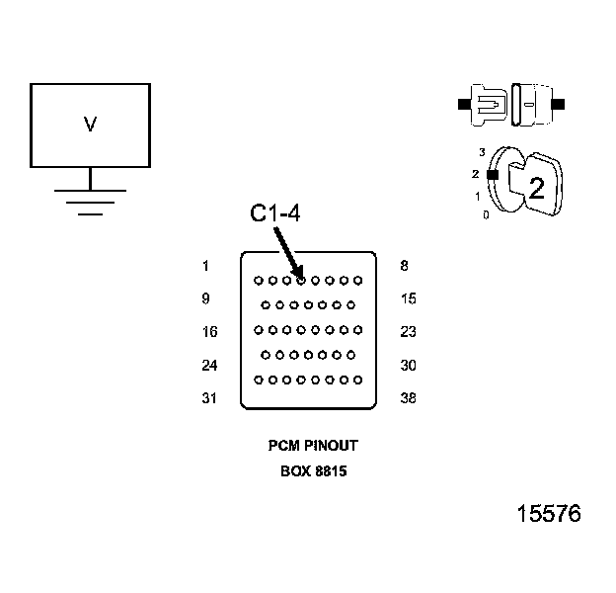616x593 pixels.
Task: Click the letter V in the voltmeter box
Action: tap(90, 126)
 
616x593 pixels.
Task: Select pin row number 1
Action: tap(205, 266)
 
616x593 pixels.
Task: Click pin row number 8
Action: tap(405, 266)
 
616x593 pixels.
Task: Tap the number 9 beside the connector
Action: tap(205, 298)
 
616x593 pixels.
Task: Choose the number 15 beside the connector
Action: tap(408, 298)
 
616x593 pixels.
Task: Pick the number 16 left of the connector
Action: tap(209, 332)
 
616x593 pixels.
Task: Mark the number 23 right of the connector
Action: tap(408, 332)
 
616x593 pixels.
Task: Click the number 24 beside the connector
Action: tap(209, 366)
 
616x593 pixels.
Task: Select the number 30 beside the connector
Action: tap(408, 366)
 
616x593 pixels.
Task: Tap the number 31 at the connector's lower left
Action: tap(209, 399)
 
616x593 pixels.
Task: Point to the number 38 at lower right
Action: tap(408, 399)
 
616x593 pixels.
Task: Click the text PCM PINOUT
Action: tap(313, 447)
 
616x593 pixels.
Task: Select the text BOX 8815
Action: tap(313, 471)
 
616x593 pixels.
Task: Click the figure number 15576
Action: tap(549, 514)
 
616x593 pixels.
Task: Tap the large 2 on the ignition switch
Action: tap(536, 189)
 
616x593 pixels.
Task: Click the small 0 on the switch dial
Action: tap(486, 214)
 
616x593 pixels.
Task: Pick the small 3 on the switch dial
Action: tap(482, 152)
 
